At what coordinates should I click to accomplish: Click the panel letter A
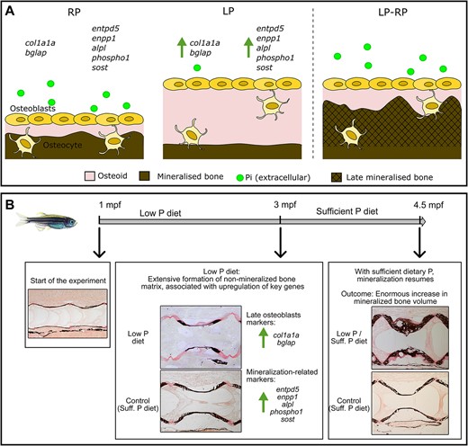tap(10, 12)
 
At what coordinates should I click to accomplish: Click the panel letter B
tap(10, 205)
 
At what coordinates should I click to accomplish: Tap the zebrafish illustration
tap(47, 222)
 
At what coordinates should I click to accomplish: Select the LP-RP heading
tap(392, 13)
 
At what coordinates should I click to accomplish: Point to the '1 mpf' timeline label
tap(110, 205)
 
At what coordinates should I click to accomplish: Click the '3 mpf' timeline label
tap(284, 205)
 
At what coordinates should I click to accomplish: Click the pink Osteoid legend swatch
tap(90, 176)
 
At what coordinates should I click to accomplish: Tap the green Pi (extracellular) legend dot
tap(240, 178)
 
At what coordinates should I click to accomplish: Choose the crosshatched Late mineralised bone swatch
tap(337, 177)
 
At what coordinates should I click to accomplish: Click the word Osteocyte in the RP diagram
tap(62, 146)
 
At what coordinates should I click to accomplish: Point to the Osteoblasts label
tap(32, 108)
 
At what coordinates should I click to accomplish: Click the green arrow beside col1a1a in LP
tap(182, 47)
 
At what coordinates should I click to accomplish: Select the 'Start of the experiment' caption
tap(68, 281)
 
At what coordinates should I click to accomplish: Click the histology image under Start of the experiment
tap(67, 314)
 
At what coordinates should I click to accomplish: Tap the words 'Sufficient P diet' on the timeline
tap(346, 211)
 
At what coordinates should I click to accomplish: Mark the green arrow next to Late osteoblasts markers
tap(263, 338)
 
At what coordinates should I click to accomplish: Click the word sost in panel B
tap(287, 419)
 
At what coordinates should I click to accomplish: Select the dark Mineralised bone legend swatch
tap(145, 176)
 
